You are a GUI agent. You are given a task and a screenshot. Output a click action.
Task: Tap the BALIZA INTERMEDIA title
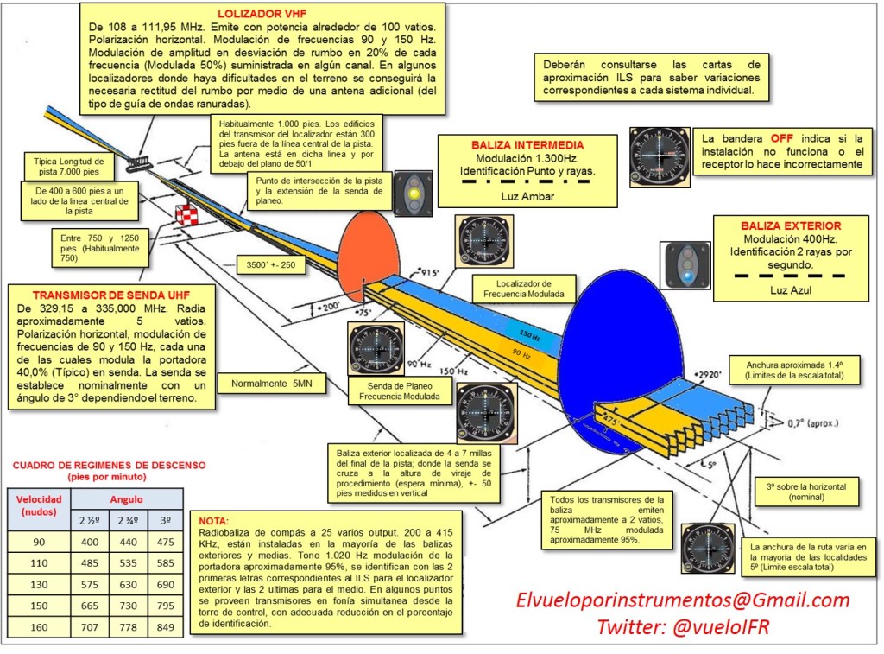click(x=527, y=144)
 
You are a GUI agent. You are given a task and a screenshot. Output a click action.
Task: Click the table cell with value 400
click(x=87, y=541)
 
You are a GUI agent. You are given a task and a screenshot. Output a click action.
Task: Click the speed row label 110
click(x=37, y=562)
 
